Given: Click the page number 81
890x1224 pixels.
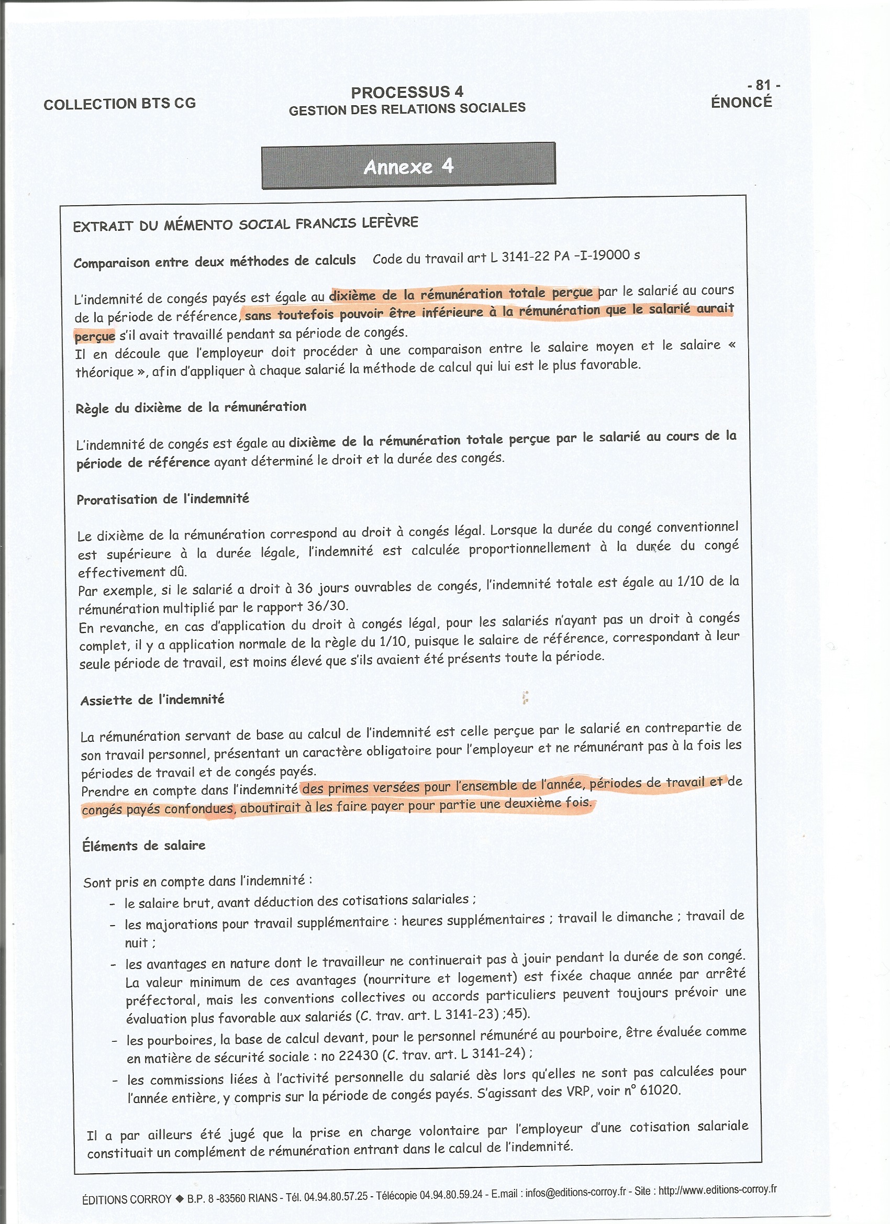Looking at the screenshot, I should tap(763, 85).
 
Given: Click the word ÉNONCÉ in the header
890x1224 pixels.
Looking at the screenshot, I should tap(741, 102).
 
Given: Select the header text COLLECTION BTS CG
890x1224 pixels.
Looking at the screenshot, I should tap(119, 103).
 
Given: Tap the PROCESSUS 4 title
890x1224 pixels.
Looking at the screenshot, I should tap(407, 92).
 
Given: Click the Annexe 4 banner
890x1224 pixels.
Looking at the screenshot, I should tap(408, 166).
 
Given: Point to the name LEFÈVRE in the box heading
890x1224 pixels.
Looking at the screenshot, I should tap(390, 222).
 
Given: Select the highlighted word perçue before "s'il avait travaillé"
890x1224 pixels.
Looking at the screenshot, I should tap(94, 336).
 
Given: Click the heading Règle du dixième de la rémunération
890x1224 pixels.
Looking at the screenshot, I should tap(191, 407).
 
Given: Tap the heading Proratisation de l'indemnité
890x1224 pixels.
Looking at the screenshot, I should tap(162, 499).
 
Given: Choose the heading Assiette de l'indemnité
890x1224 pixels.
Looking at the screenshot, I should tap(152, 700).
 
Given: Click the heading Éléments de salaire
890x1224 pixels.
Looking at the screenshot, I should tap(143, 845).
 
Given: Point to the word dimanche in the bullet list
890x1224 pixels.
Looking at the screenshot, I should tap(644, 917).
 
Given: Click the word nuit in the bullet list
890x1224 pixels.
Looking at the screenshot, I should tap(137, 942).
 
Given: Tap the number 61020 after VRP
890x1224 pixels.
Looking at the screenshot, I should tap(660, 1091).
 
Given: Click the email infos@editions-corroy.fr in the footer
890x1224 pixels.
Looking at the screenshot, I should tap(575, 1192).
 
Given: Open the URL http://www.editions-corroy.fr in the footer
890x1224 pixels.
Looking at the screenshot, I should tap(717, 1190).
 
